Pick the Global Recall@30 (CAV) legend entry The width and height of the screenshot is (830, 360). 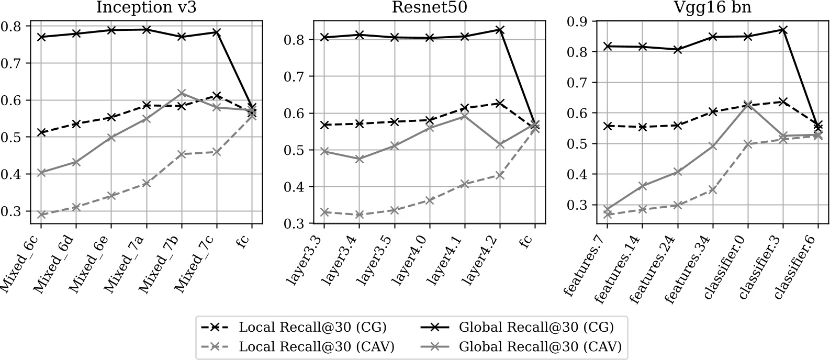point(540,346)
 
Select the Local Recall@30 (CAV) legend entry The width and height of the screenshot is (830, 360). point(316,346)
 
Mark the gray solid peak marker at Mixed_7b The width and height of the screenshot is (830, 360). point(182,93)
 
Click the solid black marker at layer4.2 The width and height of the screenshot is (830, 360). point(500,30)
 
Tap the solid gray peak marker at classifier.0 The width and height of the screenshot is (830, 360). point(748,105)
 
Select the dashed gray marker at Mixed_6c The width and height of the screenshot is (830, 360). point(41,215)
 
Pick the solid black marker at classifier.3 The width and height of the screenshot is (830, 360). point(783,30)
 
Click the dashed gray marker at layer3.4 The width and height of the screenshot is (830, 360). point(359,215)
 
